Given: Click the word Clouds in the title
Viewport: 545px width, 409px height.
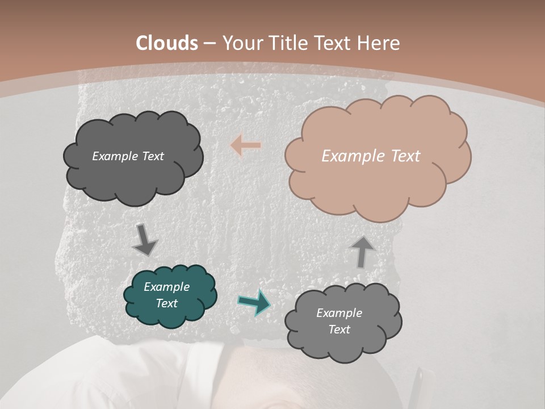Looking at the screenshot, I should click(x=167, y=43).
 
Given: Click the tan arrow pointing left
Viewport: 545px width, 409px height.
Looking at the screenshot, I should click(x=246, y=145).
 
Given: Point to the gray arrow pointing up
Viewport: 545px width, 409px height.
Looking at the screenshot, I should click(x=362, y=252).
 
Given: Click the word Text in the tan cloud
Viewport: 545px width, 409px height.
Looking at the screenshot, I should click(x=406, y=156).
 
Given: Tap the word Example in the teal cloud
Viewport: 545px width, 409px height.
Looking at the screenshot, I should click(x=166, y=287).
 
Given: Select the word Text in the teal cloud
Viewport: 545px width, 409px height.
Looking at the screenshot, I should click(x=166, y=303).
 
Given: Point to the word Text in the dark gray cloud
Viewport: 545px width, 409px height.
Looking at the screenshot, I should click(x=153, y=156).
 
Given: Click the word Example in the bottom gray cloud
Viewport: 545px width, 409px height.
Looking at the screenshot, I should click(x=339, y=313).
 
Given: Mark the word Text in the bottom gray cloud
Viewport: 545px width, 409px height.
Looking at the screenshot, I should click(x=339, y=329).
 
